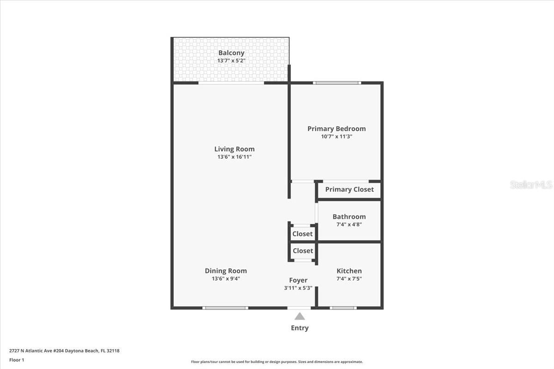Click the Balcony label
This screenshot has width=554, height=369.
tap(231, 53)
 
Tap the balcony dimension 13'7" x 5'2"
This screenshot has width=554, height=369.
tap(231, 61)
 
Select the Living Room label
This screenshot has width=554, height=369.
tap(234, 149)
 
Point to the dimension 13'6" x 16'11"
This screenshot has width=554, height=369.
tap(234, 157)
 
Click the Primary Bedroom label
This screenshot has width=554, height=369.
tap(336, 129)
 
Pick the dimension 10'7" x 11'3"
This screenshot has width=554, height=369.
tap(336, 137)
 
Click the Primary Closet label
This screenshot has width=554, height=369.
tap(349, 190)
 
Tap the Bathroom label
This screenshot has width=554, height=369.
tap(349, 217)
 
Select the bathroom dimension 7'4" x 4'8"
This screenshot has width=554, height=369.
tap(349, 225)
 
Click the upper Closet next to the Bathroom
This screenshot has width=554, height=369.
tap(302, 234)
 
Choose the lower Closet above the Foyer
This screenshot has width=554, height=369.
tap(302, 251)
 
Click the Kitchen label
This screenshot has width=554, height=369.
tap(349, 271)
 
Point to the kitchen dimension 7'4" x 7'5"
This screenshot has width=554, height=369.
tap(349, 279)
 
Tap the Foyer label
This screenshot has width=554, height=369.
tap(298, 280)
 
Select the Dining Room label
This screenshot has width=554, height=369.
tap(225, 271)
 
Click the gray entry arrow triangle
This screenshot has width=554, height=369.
tap(300, 317)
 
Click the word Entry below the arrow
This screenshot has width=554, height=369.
tap(300, 328)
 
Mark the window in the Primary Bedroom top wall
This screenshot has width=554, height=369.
tap(336, 83)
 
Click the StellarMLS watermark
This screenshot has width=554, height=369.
tap(531, 185)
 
